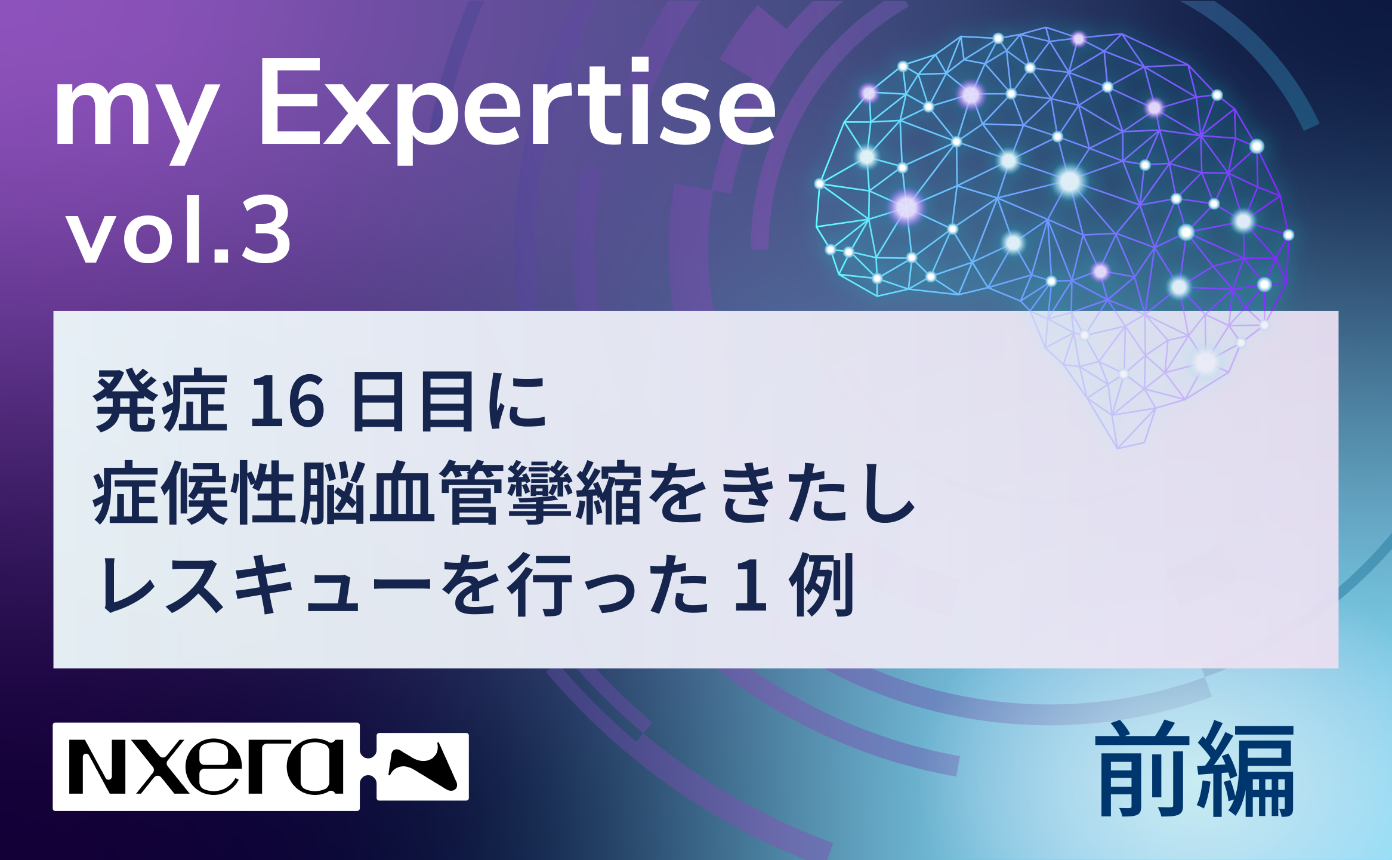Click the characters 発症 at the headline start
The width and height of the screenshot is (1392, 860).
(x=161, y=400)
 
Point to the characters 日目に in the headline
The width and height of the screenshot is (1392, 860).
(x=449, y=401)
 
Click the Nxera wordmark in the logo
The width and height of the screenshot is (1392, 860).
(x=206, y=766)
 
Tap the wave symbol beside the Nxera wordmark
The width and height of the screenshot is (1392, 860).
(x=422, y=766)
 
